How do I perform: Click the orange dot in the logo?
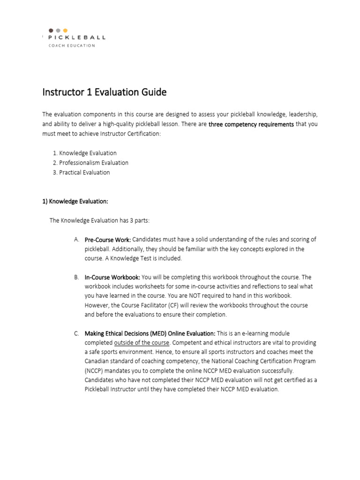point(65,30)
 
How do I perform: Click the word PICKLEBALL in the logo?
point(77,37)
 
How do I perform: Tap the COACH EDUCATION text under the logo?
point(72,45)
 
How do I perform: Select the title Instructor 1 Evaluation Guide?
point(104,92)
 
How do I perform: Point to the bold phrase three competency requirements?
point(251,124)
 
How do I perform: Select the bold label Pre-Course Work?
point(107,240)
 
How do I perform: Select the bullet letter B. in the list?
point(76,277)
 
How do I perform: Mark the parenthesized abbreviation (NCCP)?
point(96,371)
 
